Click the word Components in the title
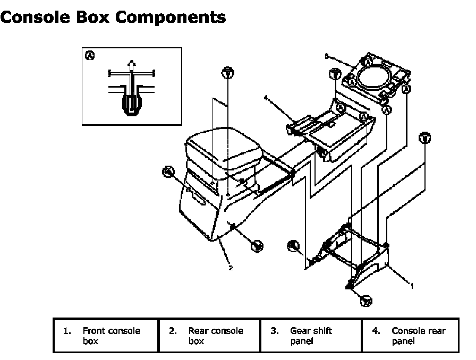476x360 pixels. click(171, 17)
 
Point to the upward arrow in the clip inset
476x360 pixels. click(131, 66)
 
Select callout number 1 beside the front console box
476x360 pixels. click(411, 285)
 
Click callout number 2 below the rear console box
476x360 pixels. click(231, 268)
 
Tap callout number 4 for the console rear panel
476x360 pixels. click(265, 98)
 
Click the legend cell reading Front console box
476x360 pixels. click(106, 336)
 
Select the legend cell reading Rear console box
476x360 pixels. click(209, 336)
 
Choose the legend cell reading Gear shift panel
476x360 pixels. click(311, 336)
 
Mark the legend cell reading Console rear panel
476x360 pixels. click(413, 336)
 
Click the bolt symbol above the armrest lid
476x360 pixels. click(227, 73)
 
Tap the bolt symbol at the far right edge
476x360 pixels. click(424, 138)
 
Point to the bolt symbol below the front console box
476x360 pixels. click(365, 301)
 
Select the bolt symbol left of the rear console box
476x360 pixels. click(168, 171)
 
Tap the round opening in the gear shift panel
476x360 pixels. click(373, 76)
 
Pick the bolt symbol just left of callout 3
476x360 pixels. click(335, 74)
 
